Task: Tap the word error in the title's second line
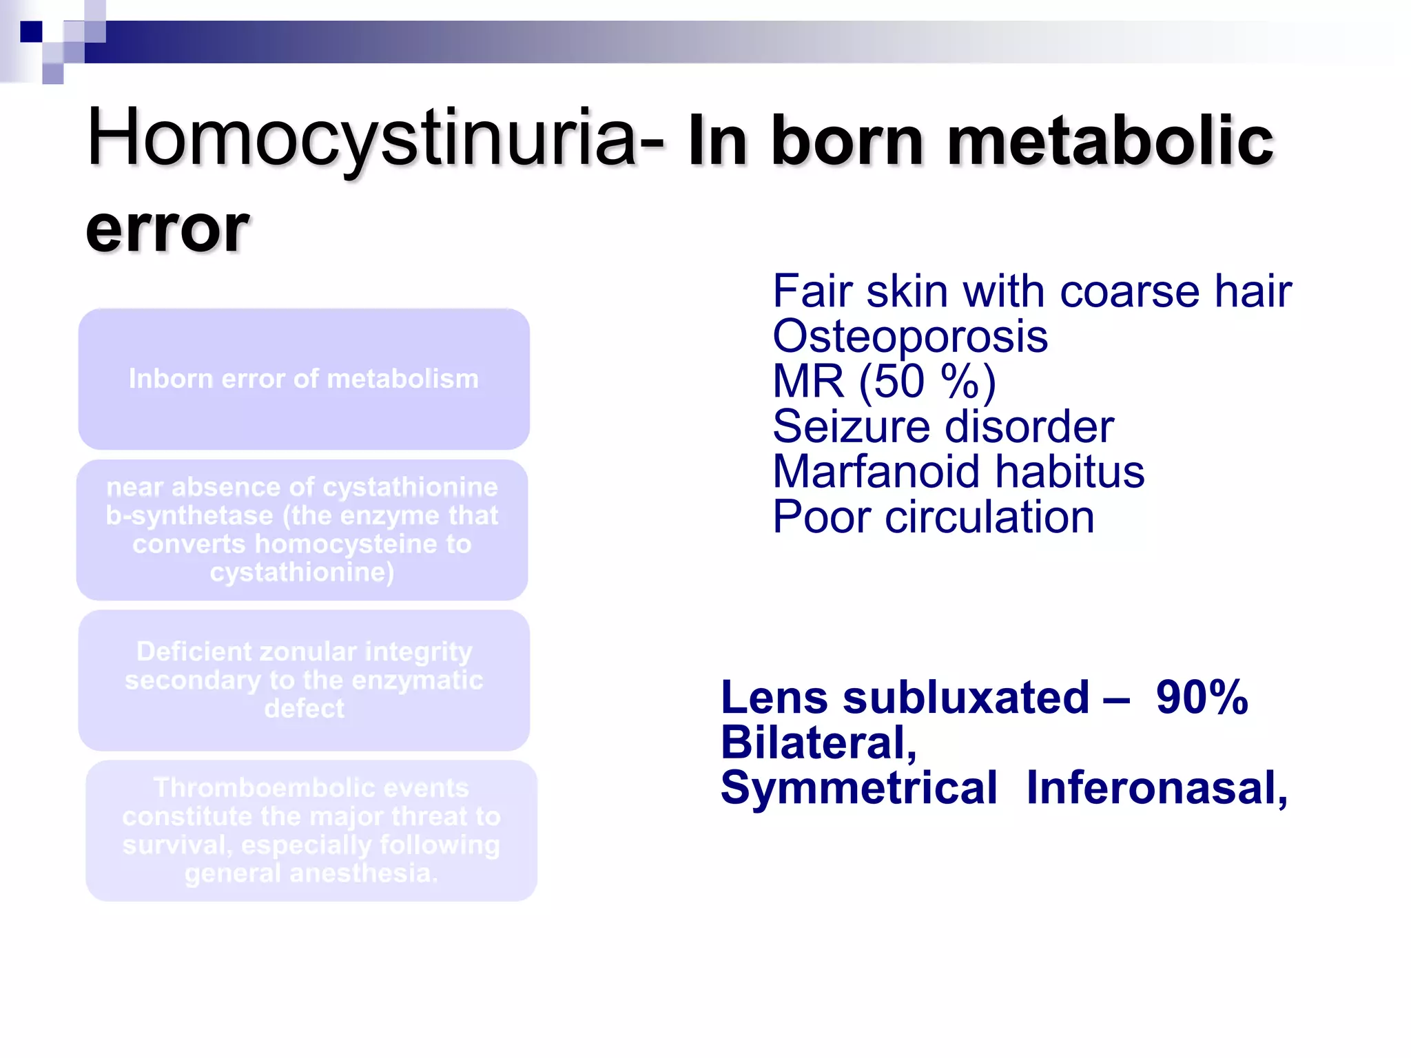click(167, 229)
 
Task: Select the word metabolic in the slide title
click(1110, 141)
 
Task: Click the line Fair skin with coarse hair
click(1031, 291)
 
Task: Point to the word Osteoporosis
click(909, 337)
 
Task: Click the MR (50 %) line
click(884, 382)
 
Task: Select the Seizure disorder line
click(943, 427)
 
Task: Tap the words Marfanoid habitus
click(958, 473)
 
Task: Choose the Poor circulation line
click(933, 517)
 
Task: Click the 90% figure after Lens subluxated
click(1202, 698)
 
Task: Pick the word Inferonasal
click(1156, 788)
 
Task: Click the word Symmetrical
click(858, 788)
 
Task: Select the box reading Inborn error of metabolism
click(304, 380)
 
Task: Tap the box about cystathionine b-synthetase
click(302, 530)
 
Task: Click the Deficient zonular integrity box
click(304, 680)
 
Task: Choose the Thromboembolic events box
click(311, 831)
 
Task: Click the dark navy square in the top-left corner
click(31, 32)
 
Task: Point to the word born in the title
click(847, 141)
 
